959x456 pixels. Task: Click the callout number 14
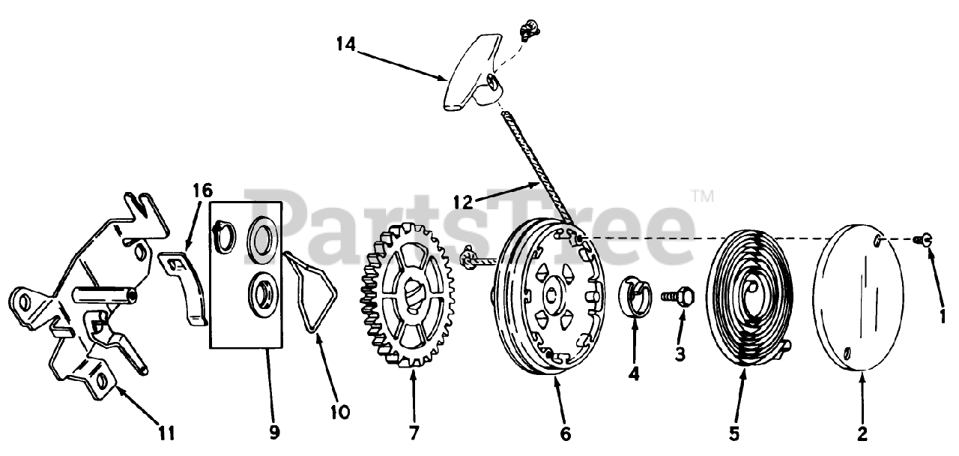(x=345, y=45)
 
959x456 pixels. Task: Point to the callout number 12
(x=464, y=201)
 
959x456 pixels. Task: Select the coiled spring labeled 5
(x=749, y=301)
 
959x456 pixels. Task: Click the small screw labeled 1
(x=926, y=239)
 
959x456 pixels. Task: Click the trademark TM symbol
(x=702, y=197)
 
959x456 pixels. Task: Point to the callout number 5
(x=733, y=433)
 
